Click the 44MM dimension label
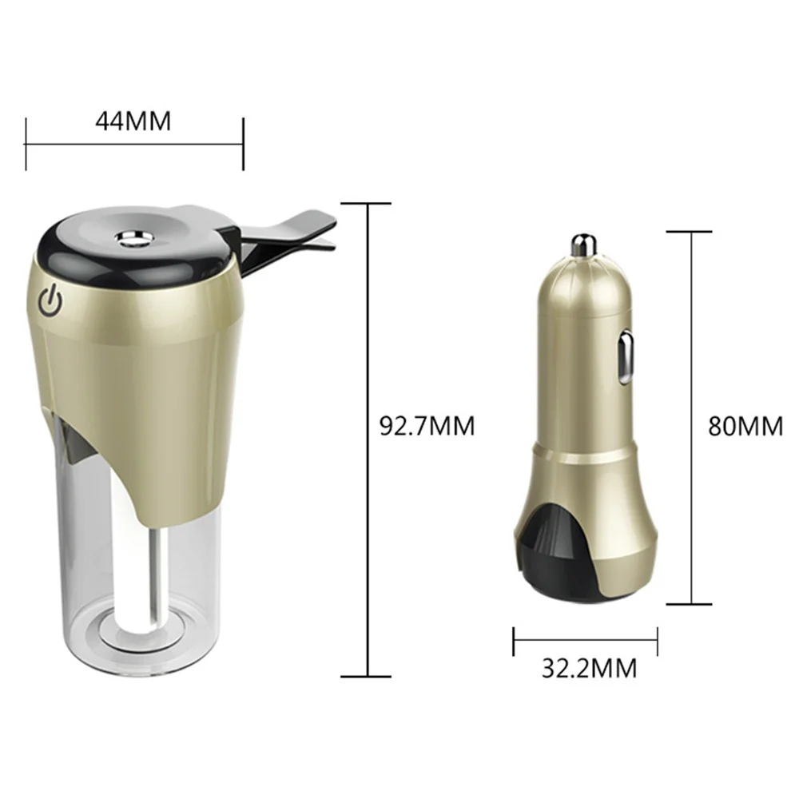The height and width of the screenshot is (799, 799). click(133, 121)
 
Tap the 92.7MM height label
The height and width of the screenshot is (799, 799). click(427, 426)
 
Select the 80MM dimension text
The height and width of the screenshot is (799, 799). click(745, 426)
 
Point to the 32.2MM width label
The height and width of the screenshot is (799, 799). click(589, 668)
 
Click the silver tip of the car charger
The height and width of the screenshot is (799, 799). click(584, 246)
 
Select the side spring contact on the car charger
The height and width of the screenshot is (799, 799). click(626, 356)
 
